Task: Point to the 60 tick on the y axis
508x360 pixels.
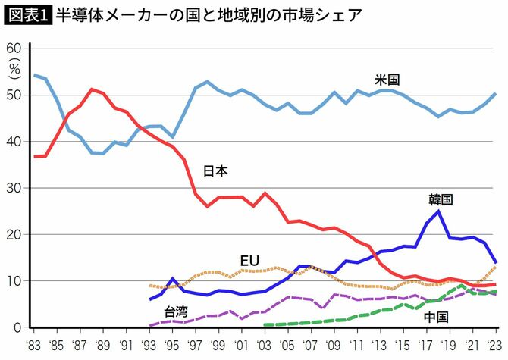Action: point(14,49)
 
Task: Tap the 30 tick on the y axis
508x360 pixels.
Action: point(14,188)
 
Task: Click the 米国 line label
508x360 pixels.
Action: point(387,79)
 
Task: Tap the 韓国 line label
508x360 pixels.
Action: point(440,199)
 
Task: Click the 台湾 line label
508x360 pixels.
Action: point(177,311)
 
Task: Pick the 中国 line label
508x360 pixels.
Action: point(435,316)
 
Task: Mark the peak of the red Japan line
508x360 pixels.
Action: point(92,89)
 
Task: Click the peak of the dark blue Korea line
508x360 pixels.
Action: point(439,211)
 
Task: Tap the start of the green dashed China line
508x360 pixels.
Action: point(265,325)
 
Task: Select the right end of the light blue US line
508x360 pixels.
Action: point(495,94)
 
